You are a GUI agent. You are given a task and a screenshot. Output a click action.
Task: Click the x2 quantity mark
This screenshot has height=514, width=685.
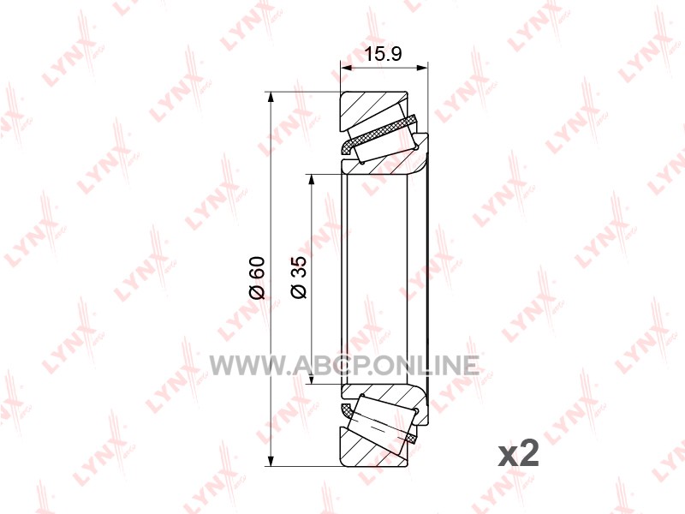[x=519, y=455]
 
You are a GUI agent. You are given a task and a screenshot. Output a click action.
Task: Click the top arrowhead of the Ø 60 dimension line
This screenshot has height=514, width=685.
[x=271, y=97]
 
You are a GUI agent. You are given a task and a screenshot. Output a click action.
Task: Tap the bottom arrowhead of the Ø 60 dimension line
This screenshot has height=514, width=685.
[x=271, y=461]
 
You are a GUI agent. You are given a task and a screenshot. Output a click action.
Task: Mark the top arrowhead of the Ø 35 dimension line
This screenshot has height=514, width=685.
[x=311, y=180]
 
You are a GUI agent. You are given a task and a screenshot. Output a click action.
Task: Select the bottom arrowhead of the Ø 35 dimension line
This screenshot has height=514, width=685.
[x=311, y=379]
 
